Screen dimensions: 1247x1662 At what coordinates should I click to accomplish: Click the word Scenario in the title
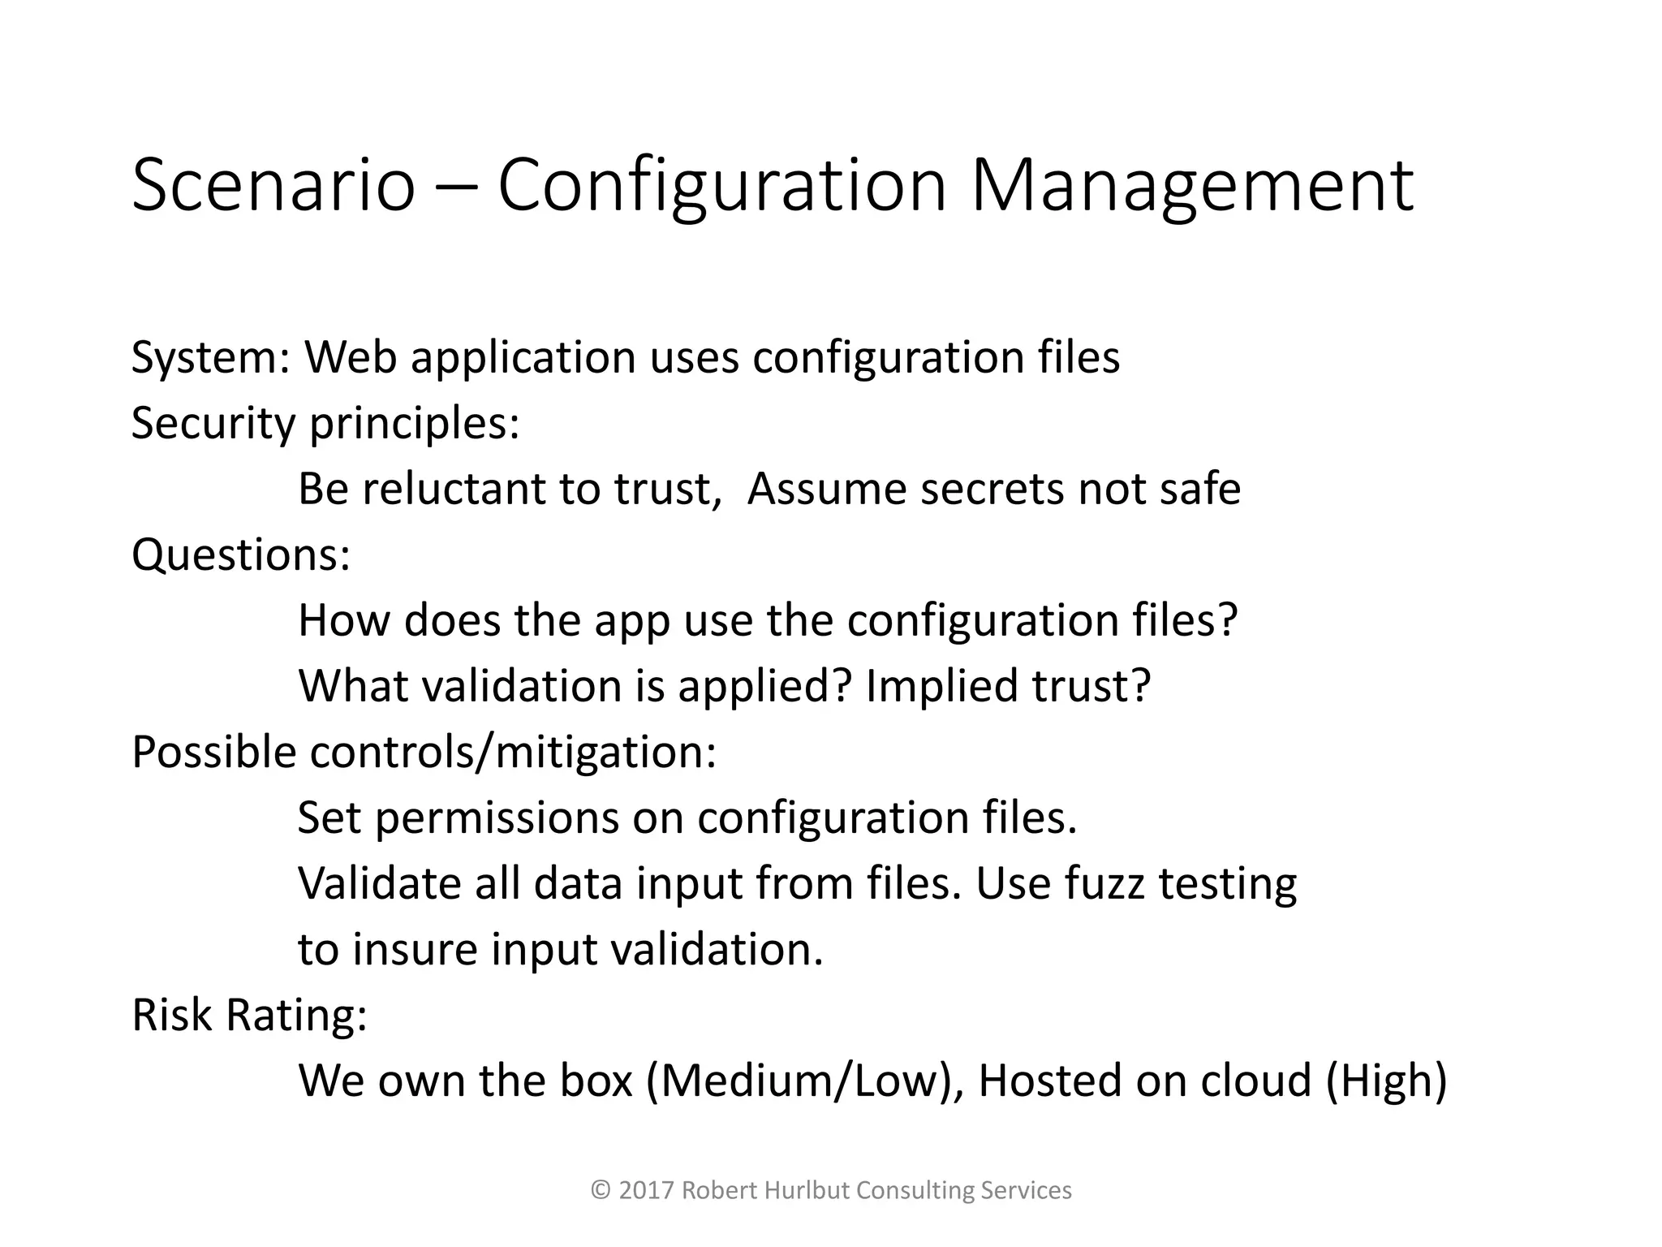point(273,187)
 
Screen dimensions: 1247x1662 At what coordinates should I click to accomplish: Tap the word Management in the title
point(1191,187)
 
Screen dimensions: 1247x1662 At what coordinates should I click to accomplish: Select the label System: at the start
point(211,358)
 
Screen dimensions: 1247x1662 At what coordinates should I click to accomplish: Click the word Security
point(213,424)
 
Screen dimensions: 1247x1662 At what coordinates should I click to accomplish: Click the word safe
point(1200,489)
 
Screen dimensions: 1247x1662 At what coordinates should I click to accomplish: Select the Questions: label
point(241,555)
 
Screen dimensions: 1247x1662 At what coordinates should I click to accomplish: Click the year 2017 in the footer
point(647,1190)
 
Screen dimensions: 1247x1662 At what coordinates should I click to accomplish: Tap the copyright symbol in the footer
point(601,1191)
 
